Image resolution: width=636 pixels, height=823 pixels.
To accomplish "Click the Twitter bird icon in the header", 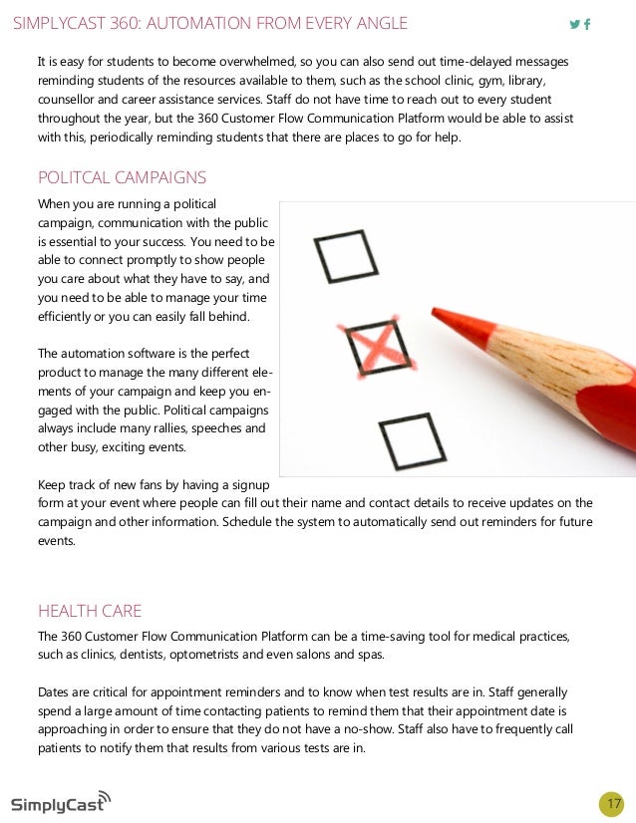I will click(x=574, y=24).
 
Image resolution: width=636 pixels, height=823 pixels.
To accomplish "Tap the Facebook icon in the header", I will click(x=587, y=24).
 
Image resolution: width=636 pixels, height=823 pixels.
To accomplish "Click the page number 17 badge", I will click(x=612, y=804).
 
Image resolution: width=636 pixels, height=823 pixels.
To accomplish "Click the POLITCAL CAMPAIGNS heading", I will click(x=122, y=178).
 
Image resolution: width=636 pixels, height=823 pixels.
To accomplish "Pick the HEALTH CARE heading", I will click(x=90, y=611).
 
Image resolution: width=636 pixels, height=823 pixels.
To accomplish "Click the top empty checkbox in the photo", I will click(x=345, y=255).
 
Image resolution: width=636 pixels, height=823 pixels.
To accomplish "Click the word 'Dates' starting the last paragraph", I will click(x=54, y=691).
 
